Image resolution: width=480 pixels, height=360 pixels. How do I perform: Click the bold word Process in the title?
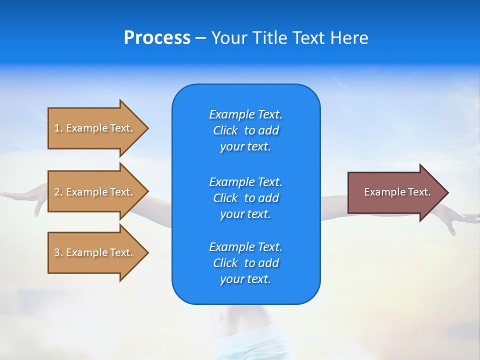157,38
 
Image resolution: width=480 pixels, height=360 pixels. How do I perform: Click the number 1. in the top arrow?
58,128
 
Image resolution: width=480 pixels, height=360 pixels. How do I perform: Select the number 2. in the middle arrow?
58,192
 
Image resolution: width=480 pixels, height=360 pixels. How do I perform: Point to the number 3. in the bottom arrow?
58,252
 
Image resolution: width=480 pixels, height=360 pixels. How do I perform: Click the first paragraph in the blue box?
245,130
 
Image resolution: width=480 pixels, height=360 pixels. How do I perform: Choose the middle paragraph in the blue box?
245,197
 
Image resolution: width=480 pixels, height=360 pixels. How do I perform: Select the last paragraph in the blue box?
245,263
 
